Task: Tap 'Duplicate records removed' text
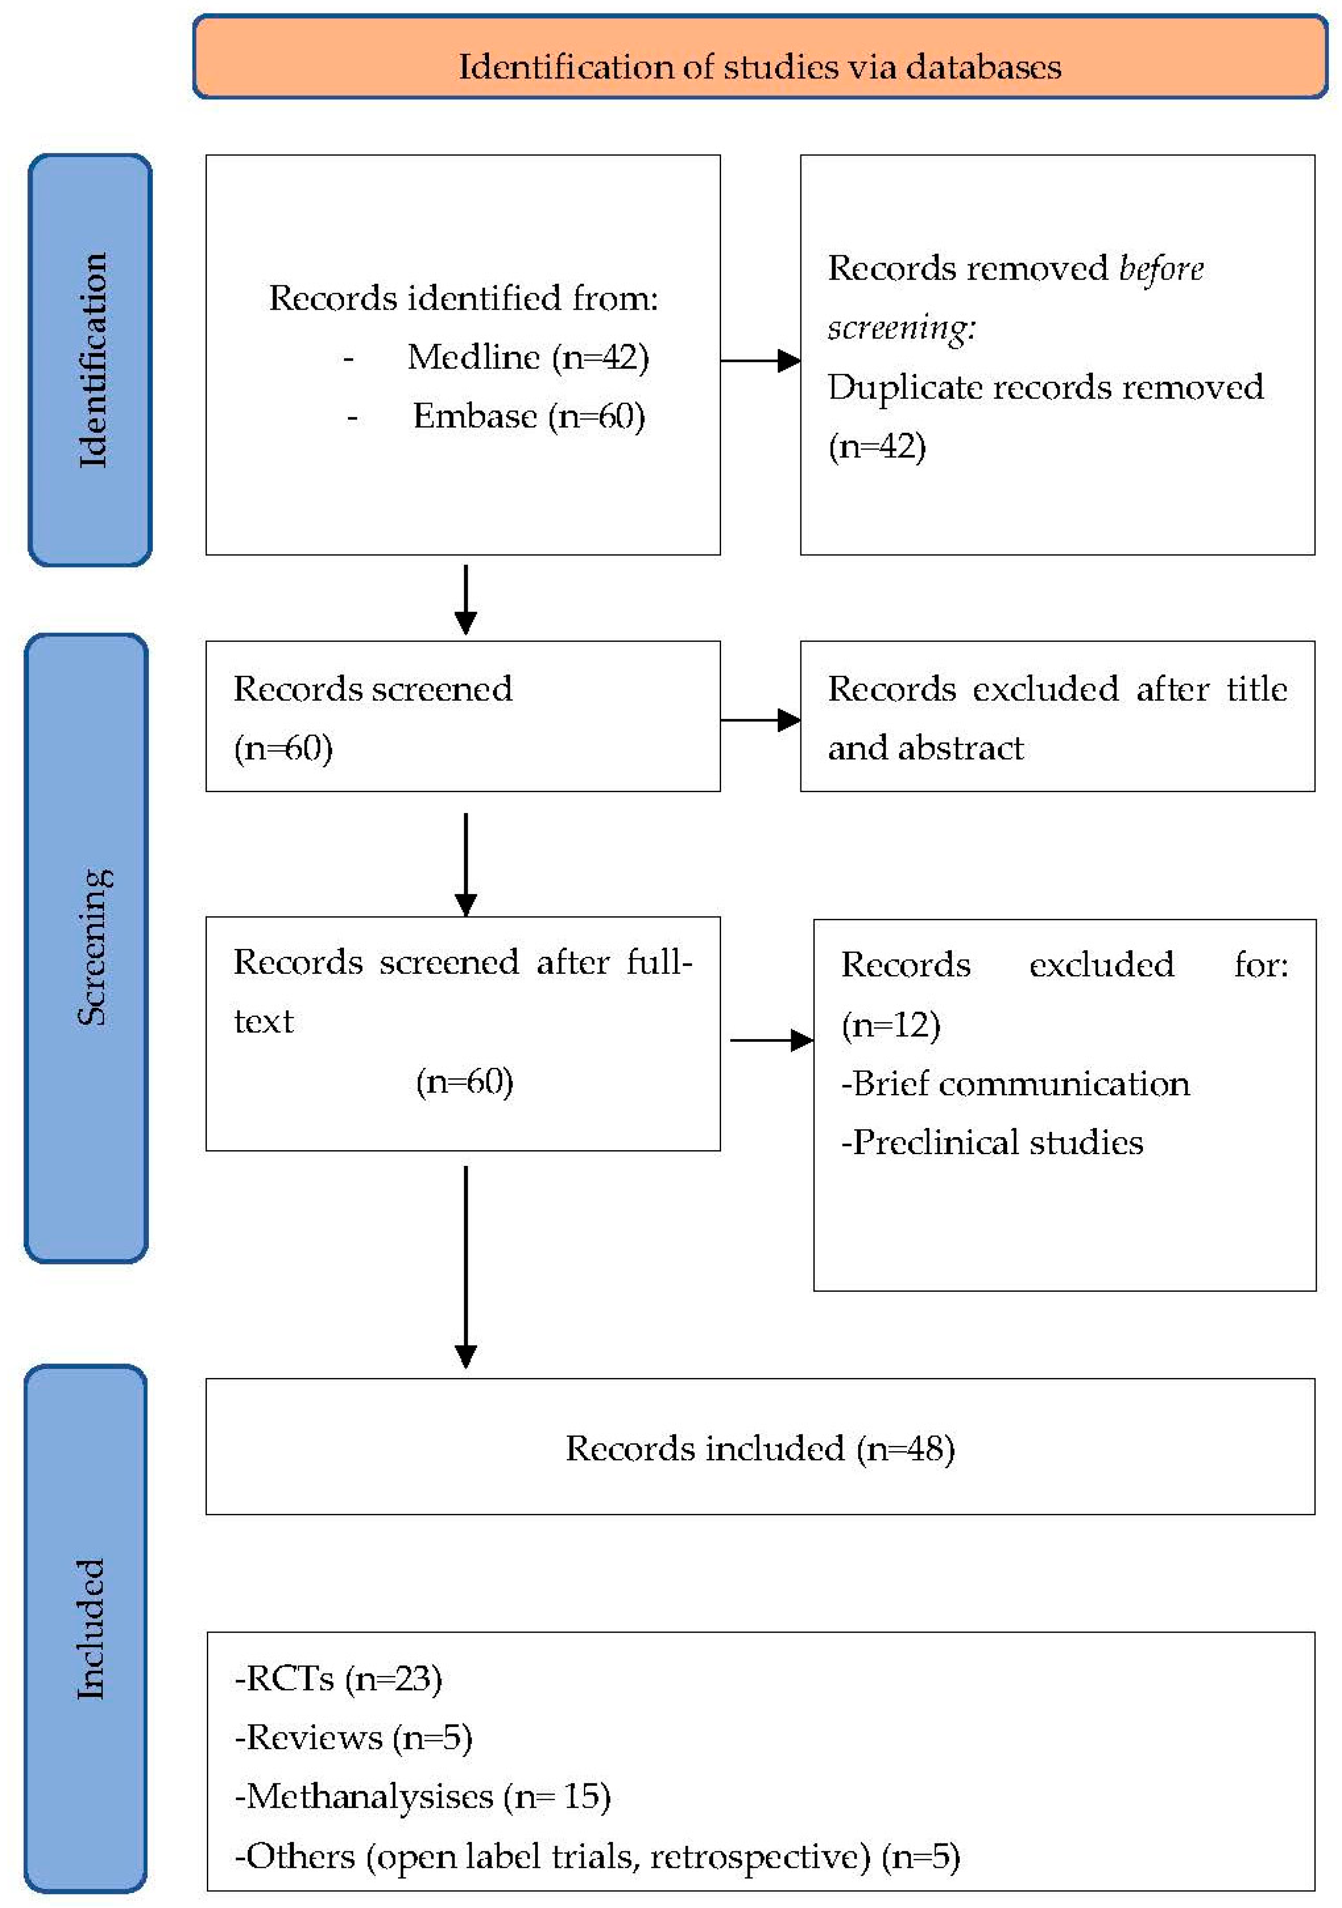coord(1045,387)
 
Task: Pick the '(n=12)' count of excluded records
coord(891,1025)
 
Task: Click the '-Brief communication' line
coord(1015,1084)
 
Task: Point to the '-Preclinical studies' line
coord(992,1143)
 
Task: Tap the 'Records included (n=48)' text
coord(759,1449)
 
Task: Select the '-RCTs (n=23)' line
coord(338,1678)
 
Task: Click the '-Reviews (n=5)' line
coord(353,1738)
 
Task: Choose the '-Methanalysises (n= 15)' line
coord(422,1797)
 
